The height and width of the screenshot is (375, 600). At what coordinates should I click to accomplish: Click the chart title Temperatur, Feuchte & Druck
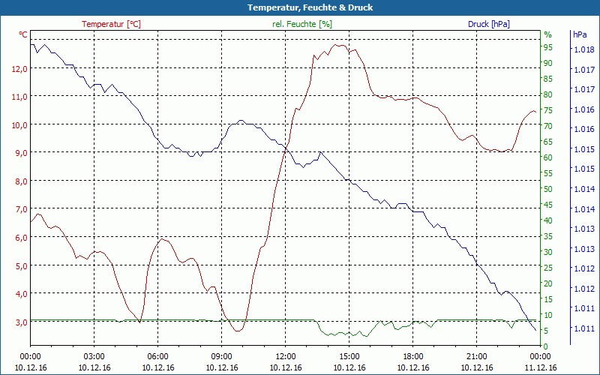300,7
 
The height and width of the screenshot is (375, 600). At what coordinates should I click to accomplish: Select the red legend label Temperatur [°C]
111,24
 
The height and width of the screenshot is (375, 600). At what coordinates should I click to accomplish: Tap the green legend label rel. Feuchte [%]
302,24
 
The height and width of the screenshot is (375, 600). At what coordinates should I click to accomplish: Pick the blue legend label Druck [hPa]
489,24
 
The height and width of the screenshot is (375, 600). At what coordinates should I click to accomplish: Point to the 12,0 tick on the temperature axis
20,68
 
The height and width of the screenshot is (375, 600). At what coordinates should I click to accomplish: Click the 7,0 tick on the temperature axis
20,209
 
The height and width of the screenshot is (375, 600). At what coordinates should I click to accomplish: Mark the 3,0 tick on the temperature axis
20,322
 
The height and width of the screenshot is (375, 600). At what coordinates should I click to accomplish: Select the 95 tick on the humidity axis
548,47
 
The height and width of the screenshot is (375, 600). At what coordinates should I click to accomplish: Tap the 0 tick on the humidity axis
546,346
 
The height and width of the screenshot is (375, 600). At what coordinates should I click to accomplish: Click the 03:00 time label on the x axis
94,356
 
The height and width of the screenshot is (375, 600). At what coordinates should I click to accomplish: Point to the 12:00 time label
286,356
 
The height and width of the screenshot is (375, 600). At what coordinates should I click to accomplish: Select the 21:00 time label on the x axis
477,356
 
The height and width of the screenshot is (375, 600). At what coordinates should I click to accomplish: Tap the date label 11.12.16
541,367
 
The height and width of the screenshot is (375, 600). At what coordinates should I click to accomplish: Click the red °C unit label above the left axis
23,34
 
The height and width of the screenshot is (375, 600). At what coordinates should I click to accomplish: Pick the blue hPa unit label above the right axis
580,34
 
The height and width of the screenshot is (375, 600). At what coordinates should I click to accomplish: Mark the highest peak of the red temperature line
339,45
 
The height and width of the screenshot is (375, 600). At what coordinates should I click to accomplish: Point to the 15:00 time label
349,356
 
